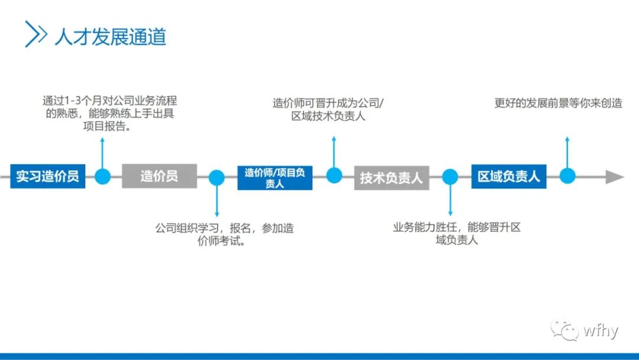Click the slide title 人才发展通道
tap(110, 36)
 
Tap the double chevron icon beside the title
tap(35, 34)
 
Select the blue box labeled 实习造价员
tap(47, 176)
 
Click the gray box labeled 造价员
tap(159, 176)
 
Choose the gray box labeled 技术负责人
tap(391, 177)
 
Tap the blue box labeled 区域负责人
tap(508, 176)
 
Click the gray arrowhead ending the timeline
tap(614, 176)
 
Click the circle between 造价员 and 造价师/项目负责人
tap(217, 177)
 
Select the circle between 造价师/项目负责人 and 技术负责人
tap(334, 175)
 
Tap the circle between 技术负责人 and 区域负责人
tap(450, 176)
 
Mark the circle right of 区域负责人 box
tap(567, 176)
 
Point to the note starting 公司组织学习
tap(224, 234)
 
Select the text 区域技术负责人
tap(328, 115)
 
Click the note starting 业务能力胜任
tap(456, 233)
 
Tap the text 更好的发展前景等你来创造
tap(558, 102)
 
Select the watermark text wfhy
tap(600, 330)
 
